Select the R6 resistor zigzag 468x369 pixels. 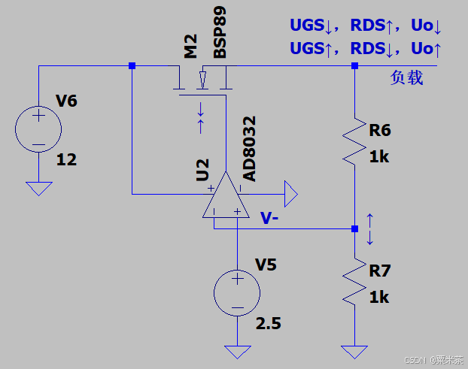coord(354,141)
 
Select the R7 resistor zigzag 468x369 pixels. coord(354,282)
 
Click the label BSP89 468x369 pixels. coord(220,32)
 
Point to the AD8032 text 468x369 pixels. coord(250,149)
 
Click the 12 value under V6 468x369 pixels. coord(66,159)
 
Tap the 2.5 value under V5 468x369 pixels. coord(269,323)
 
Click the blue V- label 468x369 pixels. coord(269,218)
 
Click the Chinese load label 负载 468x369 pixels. coord(406,78)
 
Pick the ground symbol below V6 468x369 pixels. coord(39,189)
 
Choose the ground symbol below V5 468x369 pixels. coord(237,352)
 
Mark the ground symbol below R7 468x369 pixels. coord(354,352)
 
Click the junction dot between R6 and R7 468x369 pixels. coord(354,229)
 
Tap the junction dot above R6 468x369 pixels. coord(354,65)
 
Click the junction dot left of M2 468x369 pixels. coord(132,65)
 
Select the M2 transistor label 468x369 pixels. coord(190,46)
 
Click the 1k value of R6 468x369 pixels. coord(379,157)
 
